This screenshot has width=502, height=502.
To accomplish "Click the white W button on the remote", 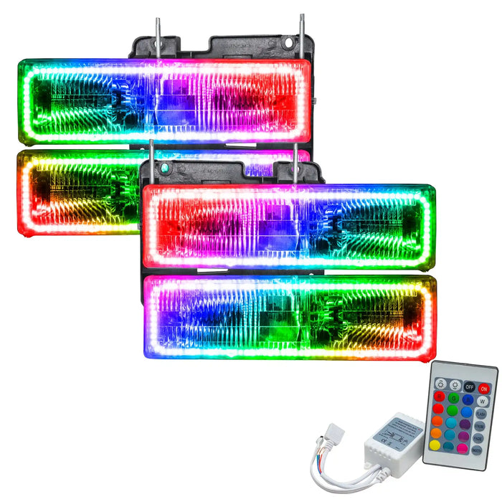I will (482, 402).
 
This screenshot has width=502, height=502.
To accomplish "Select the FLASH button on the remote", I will (480, 414).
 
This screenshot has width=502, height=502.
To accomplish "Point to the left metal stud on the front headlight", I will (151, 162).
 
